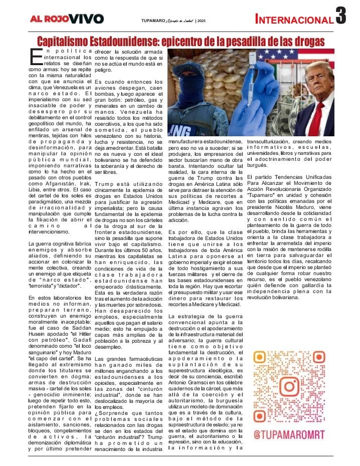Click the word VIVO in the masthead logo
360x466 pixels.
86,19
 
